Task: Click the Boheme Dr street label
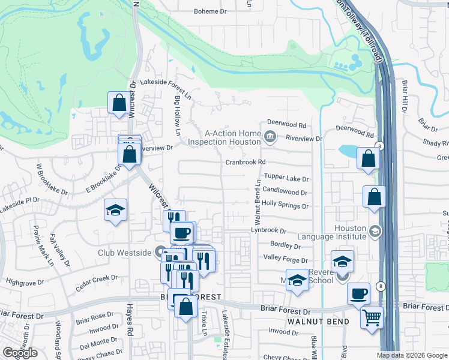[x=209, y=11]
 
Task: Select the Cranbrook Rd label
[x=245, y=162]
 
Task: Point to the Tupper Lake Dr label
[x=286, y=179]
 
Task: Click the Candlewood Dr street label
[x=285, y=193]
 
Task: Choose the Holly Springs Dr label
[x=285, y=206]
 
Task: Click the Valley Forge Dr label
[x=286, y=259]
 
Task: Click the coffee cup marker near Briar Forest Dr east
[x=358, y=293]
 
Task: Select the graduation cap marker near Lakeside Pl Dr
[x=116, y=210]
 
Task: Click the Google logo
[x=20, y=353]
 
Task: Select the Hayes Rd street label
[x=128, y=321]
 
